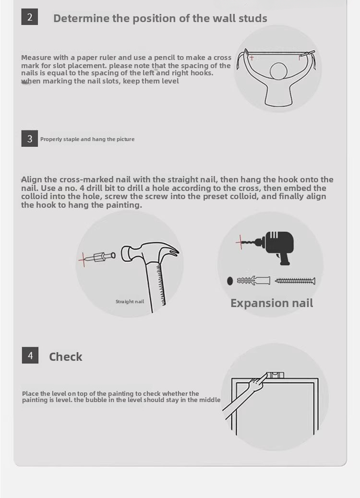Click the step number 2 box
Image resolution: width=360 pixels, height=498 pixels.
[30, 17]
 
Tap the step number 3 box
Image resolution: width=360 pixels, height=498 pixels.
[30, 139]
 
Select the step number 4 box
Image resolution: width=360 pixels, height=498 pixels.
[30, 355]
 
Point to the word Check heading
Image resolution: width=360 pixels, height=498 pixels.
[65, 356]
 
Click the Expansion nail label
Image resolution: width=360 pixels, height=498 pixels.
[272, 303]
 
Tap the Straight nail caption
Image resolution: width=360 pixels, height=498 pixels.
[130, 301]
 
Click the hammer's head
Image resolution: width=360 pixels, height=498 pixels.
[150, 252]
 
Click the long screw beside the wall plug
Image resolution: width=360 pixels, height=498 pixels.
[295, 281]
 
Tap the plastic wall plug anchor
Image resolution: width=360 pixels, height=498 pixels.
[253, 281]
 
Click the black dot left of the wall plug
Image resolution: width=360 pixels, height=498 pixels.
[230, 281]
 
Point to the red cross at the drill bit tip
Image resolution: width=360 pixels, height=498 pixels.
[240, 242]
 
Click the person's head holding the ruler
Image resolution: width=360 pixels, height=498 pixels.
[279, 71]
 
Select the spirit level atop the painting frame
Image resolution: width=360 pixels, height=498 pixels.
[275, 375]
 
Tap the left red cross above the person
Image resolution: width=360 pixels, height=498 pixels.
[252, 58]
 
